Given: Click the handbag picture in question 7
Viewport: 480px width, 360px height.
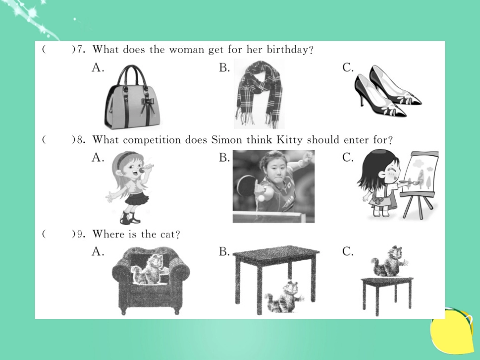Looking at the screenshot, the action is coord(132,96).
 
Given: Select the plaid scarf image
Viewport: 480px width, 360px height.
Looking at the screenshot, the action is coord(259,94).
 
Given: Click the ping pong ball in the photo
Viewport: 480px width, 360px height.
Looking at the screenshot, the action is coord(261,198).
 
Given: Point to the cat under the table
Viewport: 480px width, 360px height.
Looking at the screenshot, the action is coord(284,297).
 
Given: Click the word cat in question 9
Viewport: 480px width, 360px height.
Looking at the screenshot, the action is coord(168,234).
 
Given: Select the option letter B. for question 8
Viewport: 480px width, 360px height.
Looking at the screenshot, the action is coord(224,158).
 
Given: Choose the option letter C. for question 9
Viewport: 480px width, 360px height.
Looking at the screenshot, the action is coord(348,251).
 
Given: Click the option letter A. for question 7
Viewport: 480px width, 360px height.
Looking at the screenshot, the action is coord(98,67).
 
